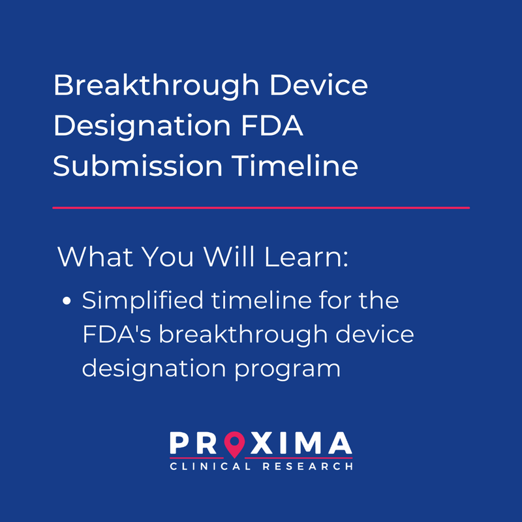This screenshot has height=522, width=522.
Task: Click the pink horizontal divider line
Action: [x=261, y=207]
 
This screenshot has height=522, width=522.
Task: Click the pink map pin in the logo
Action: [x=234, y=445]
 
